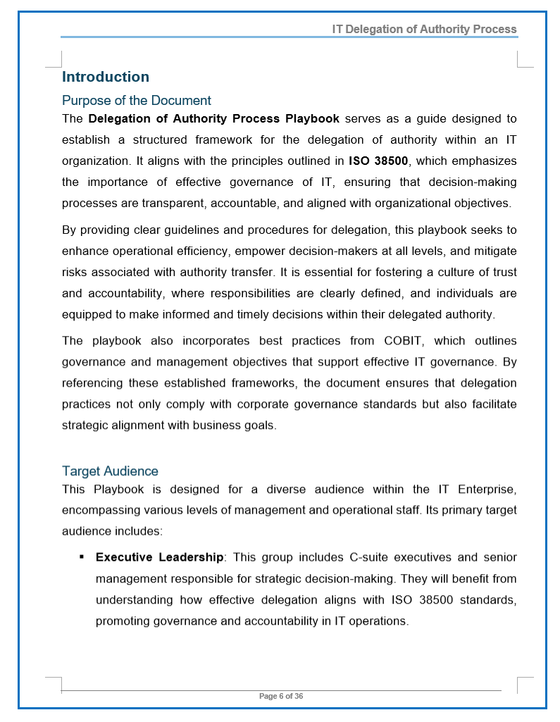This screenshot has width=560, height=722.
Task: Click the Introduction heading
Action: pos(106,77)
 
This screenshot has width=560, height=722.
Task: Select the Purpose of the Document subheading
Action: pos(137,101)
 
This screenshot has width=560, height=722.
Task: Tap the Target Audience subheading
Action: pos(110,471)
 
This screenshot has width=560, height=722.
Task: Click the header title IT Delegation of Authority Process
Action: pos(425,30)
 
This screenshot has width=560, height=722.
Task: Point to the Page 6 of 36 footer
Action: pos(281,697)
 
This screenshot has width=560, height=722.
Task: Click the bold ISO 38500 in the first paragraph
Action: pos(378,161)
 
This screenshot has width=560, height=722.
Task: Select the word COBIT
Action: pos(404,341)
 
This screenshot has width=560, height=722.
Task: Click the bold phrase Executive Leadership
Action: pos(159,558)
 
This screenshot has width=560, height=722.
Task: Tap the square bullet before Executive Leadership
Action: pos(82,557)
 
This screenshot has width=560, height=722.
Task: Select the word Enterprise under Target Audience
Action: pos(487,490)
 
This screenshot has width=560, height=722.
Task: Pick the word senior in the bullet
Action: pos(500,558)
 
